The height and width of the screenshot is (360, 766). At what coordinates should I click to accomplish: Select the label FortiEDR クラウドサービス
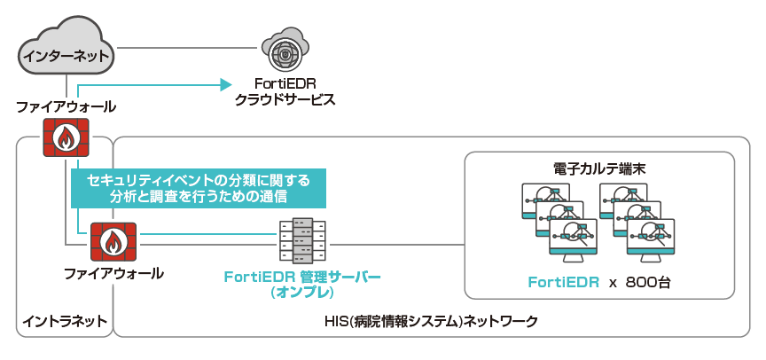285,91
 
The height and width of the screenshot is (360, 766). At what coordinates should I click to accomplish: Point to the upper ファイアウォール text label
66,106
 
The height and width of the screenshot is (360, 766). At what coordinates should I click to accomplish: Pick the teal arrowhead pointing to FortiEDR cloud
223,85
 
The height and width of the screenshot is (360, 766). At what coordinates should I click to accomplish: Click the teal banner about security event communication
199,188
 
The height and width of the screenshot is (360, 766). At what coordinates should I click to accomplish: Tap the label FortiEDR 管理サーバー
302,278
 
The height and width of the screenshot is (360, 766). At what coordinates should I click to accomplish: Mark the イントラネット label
64,320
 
